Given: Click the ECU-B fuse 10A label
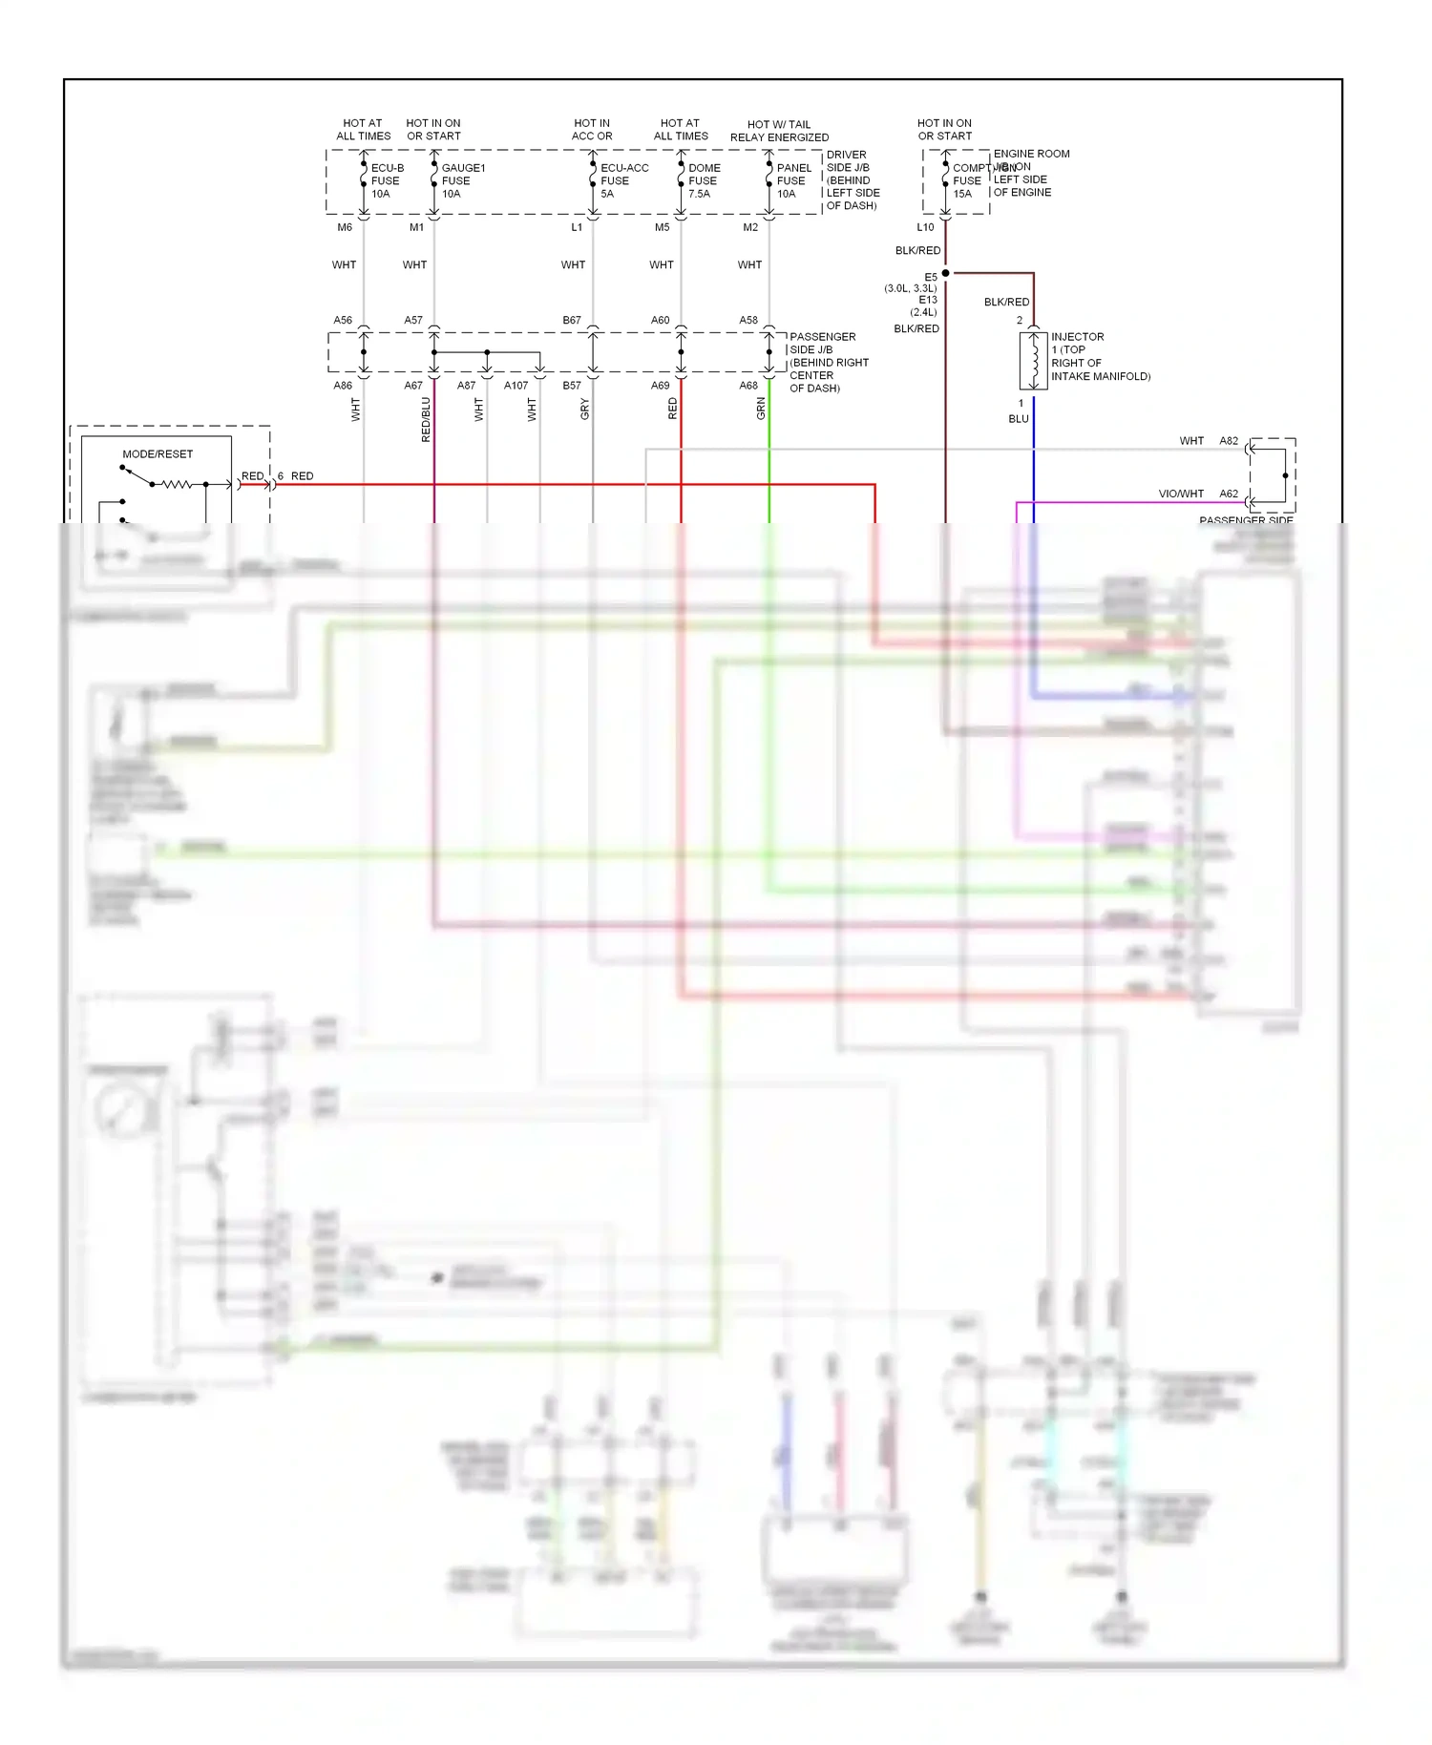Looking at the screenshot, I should [386, 180].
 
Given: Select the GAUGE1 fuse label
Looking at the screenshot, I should [462, 180].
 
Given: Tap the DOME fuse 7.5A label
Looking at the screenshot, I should [704, 180].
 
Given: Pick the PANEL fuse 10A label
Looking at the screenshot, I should [792, 180].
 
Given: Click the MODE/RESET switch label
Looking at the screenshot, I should [158, 454].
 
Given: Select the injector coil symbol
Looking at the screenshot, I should [1033, 361].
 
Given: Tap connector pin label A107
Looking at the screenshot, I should [516, 386].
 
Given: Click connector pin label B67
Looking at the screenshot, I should [571, 321].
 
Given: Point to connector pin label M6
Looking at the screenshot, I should [345, 227].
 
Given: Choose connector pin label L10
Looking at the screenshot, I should [925, 227].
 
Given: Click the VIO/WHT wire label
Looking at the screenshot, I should [1181, 494].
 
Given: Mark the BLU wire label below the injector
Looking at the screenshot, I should [1019, 419].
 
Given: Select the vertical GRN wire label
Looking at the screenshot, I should [761, 409].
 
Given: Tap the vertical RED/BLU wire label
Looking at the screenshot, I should [426, 419].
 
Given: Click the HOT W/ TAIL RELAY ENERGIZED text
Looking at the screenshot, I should [779, 131].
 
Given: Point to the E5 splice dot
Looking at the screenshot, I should [945, 273].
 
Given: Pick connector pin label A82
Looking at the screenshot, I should [1229, 441].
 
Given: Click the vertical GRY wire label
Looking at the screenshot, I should [584, 409].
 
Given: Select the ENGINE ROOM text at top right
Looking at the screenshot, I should [1031, 154].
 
